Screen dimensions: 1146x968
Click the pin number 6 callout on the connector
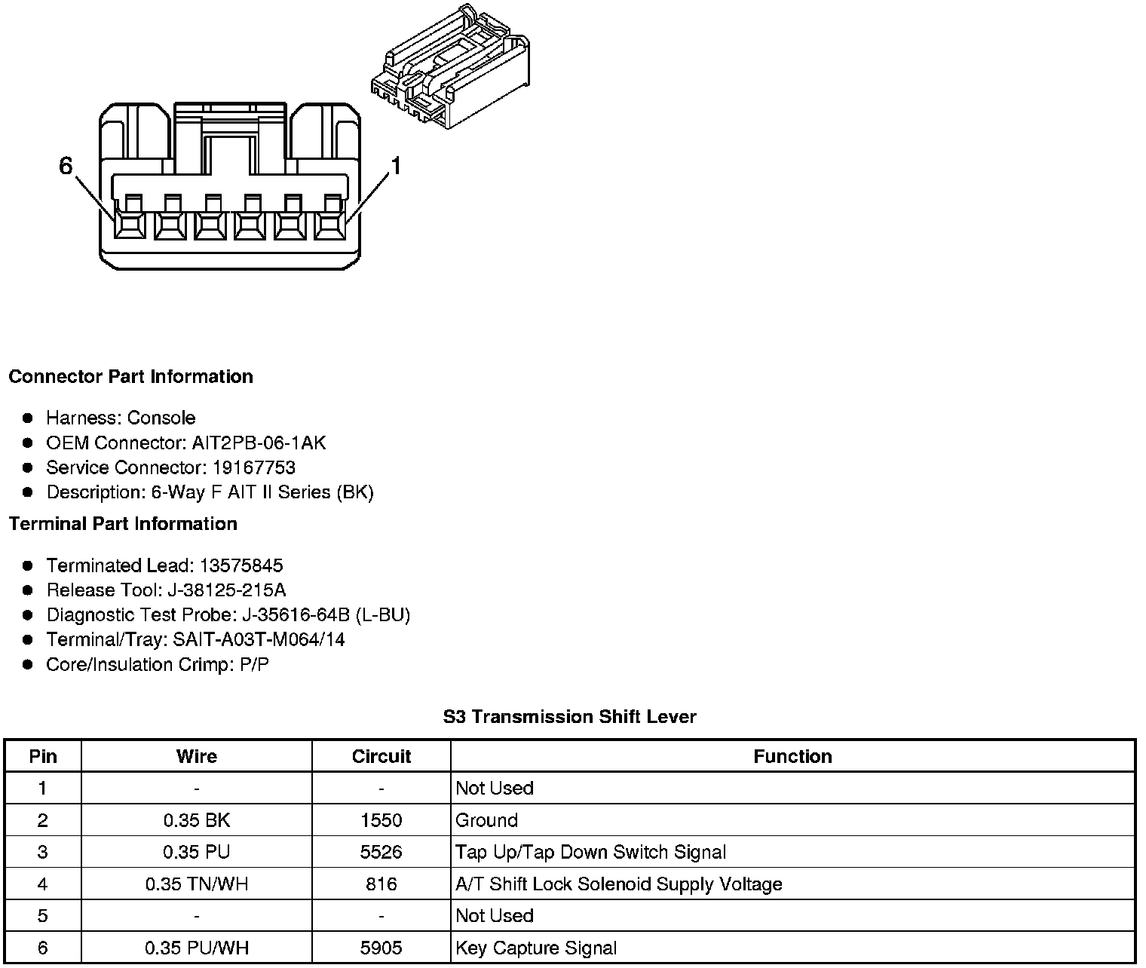pyautogui.click(x=66, y=166)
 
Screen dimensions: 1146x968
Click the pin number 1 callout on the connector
pyautogui.click(x=395, y=166)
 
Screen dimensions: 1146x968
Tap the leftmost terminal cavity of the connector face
pyautogui.click(x=130, y=224)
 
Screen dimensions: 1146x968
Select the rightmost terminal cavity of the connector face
pyautogui.click(x=329, y=224)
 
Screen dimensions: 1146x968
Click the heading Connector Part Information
pyautogui.click(x=130, y=376)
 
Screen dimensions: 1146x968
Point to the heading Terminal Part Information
pyautogui.click(x=123, y=524)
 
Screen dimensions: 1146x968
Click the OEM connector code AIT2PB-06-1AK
pyautogui.click(x=259, y=443)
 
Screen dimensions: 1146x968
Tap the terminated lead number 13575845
pyautogui.click(x=241, y=565)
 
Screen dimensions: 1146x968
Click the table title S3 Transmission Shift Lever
pyautogui.click(x=569, y=717)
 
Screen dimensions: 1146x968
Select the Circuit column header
pyautogui.click(x=381, y=756)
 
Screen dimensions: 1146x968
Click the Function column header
pyautogui.click(x=792, y=756)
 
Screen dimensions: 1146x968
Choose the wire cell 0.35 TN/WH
pyautogui.click(x=196, y=884)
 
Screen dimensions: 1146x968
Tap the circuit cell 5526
pyautogui.click(x=381, y=852)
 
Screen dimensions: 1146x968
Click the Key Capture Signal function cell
pyautogui.click(x=536, y=948)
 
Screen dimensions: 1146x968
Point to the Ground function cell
pyautogui.click(x=487, y=820)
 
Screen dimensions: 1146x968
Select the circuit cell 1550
pyautogui.click(x=381, y=820)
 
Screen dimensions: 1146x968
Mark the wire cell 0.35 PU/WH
pyautogui.click(x=196, y=948)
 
